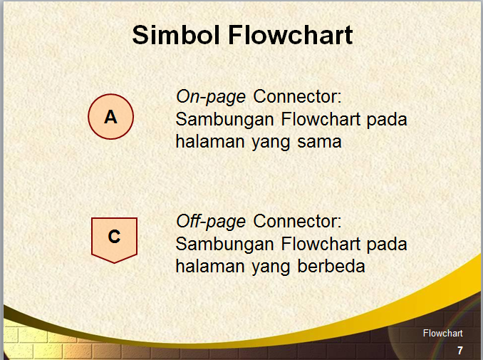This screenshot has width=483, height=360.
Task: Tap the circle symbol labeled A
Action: (110, 117)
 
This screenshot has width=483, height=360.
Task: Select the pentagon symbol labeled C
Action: (114, 237)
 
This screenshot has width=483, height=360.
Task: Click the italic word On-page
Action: (211, 96)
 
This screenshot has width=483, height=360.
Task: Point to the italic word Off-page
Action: (211, 221)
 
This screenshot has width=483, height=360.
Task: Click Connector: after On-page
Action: (298, 96)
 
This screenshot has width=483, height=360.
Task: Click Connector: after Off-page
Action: (298, 221)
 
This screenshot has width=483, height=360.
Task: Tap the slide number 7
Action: (460, 350)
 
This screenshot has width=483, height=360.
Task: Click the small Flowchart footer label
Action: (442, 334)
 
